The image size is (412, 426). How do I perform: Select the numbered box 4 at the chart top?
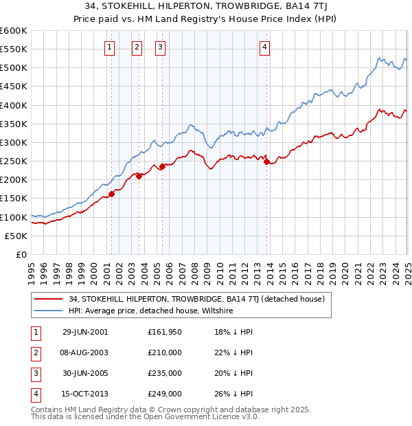(x=265, y=47)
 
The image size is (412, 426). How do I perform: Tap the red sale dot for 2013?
(x=266, y=161)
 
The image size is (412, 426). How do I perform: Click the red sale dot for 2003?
(x=139, y=176)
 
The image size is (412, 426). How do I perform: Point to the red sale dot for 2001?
(x=112, y=194)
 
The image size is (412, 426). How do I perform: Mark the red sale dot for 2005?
(x=163, y=166)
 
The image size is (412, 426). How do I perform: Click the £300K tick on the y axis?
(x=13, y=142)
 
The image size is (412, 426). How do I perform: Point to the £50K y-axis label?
(x=16, y=236)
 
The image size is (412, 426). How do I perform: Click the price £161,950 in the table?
(x=164, y=332)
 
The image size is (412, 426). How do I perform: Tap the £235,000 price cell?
(x=164, y=373)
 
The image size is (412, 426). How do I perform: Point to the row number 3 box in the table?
(x=34, y=373)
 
